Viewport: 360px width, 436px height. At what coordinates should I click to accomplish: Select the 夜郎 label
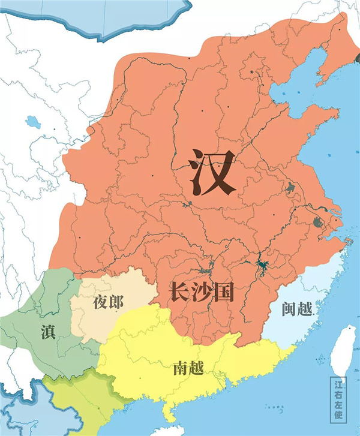point(108,302)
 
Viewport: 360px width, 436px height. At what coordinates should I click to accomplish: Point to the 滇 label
point(49,332)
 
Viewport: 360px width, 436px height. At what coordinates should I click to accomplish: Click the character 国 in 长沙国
point(223,292)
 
